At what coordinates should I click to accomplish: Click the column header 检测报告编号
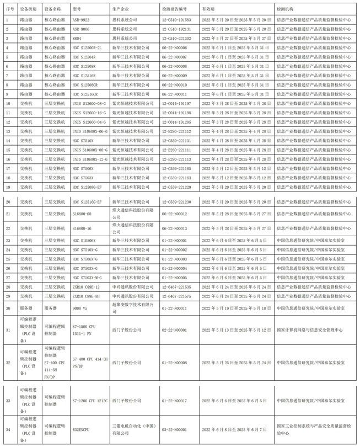pos(175,10)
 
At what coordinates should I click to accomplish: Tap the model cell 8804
pos(77,38)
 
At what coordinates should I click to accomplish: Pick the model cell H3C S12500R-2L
pos(87,47)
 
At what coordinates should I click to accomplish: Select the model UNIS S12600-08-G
pos(89,103)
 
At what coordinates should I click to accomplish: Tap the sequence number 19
pos(7,178)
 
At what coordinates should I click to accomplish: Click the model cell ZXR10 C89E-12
pos(86,287)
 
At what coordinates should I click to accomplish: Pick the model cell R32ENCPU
pos(82,427)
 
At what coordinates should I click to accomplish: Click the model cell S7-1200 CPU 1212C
pos(90,400)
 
